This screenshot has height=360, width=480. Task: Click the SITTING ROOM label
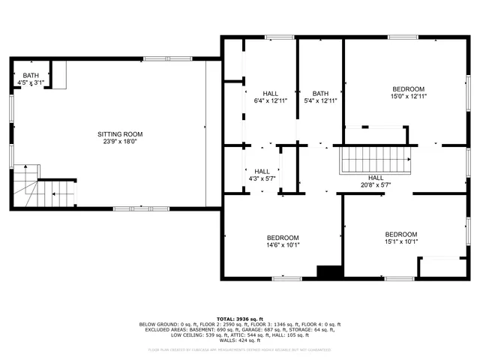[119, 134]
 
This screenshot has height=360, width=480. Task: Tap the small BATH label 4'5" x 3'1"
[31, 75]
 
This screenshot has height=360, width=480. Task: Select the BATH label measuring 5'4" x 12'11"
[320, 94]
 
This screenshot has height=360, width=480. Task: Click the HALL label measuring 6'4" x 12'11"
[270, 94]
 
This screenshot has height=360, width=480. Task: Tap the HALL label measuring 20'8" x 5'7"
[375, 178]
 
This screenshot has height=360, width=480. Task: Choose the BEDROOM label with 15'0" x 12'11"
[408, 89]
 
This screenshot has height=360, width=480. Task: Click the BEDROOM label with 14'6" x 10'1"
[283, 238]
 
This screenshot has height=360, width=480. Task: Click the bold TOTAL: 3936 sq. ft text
[240, 319]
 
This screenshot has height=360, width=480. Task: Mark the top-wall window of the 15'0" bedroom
[402, 37]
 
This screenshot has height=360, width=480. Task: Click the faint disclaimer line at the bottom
[240, 349]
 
